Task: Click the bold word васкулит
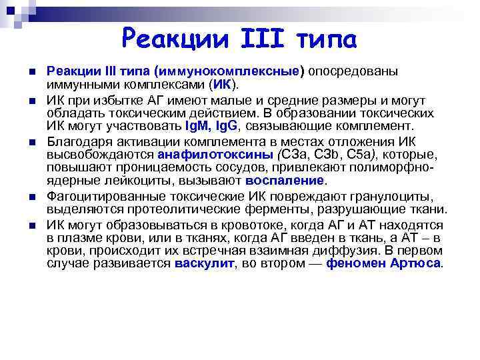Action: tap(205, 263)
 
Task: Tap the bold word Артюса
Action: tap(421, 263)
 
